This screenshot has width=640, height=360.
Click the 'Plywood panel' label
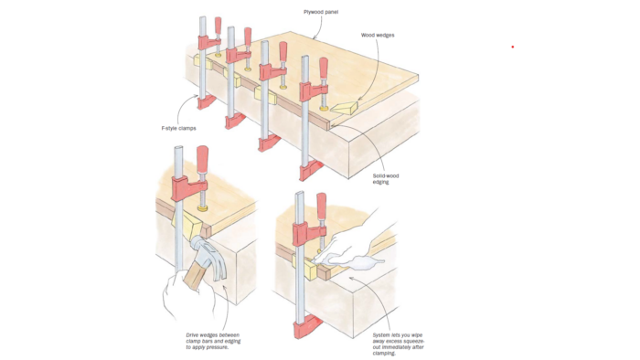point(321,12)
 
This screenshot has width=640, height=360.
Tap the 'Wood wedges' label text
point(378,35)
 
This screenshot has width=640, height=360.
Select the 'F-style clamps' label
point(179,128)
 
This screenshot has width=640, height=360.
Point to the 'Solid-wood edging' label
point(386,179)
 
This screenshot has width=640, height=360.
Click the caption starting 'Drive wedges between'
point(213,341)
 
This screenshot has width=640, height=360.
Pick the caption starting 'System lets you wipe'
point(399,344)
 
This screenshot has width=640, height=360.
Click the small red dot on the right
point(513,47)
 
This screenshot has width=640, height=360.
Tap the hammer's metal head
point(210,257)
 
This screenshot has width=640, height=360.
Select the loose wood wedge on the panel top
point(344,107)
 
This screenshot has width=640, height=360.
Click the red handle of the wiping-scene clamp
point(322,207)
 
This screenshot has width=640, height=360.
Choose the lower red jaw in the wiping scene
point(307,325)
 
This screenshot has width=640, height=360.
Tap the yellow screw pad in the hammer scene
point(202,208)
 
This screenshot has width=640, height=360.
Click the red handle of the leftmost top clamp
point(218,26)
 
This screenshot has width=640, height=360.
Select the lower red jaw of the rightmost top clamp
point(311,170)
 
